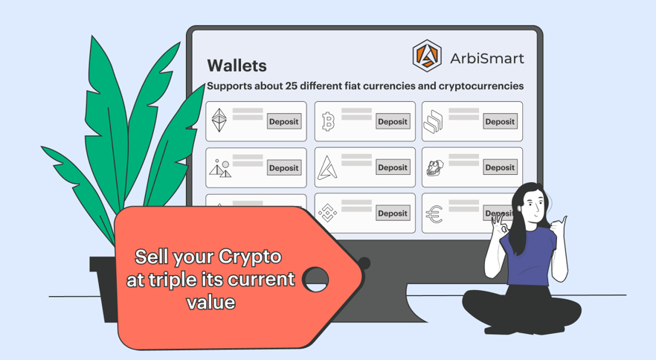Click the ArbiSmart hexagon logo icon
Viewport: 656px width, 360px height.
[x=427, y=56]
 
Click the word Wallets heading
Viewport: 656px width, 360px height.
[x=237, y=65]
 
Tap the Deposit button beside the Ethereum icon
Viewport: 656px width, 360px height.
[x=284, y=122]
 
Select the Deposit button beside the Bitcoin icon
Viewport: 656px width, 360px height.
[x=393, y=122]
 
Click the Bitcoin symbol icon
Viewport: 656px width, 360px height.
[x=329, y=122]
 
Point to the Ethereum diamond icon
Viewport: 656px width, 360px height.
[x=219, y=120]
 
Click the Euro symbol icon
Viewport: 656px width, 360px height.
[x=434, y=214]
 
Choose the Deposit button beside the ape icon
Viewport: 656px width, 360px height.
[x=500, y=167]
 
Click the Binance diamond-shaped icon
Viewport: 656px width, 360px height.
[x=327, y=213]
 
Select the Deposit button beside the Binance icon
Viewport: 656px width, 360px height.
[x=393, y=213]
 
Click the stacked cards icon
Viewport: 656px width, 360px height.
[x=433, y=121]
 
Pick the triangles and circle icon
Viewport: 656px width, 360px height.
[x=220, y=168]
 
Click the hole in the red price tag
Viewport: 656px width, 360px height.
[x=315, y=280]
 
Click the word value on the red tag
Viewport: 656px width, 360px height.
[x=211, y=302]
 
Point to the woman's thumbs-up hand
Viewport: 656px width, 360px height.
[x=558, y=227]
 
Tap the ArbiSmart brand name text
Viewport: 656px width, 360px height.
[x=487, y=58]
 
